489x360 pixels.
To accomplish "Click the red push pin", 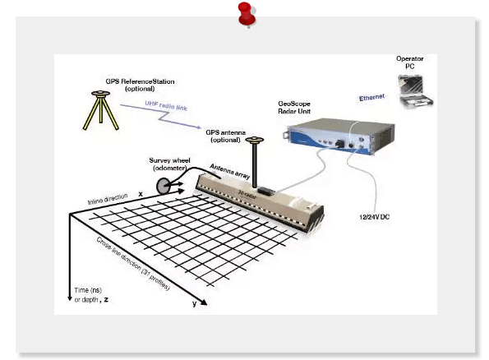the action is coord(247,15).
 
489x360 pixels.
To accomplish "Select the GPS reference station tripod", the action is coord(100,110).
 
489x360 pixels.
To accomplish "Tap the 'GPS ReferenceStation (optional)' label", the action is coord(140,85).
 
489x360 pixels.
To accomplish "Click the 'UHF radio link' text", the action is coord(166,105).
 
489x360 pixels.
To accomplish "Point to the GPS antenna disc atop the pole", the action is coord(255,140).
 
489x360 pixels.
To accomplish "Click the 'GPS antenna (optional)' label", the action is coord(225,136).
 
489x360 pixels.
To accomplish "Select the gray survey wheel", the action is coord(164,186).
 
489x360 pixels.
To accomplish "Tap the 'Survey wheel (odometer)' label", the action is coord(169,164).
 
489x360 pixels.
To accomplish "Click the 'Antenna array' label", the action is coord(230,171).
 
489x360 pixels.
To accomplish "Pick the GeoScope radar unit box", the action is coord(339,136).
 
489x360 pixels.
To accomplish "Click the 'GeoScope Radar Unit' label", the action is coord(294,108).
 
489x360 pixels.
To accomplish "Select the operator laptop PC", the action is coord(415,91).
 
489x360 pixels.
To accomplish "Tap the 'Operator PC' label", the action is coord(410,62).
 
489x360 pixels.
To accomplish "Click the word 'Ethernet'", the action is coord(371,98).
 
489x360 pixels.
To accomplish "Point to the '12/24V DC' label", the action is coord(374,217).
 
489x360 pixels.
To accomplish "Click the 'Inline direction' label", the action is coord(108,199).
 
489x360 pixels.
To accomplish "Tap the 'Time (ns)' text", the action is coord(88,290).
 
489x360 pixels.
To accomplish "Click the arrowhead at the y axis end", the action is coord(203,302).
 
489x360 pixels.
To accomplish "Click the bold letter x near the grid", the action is coord(141,194).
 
